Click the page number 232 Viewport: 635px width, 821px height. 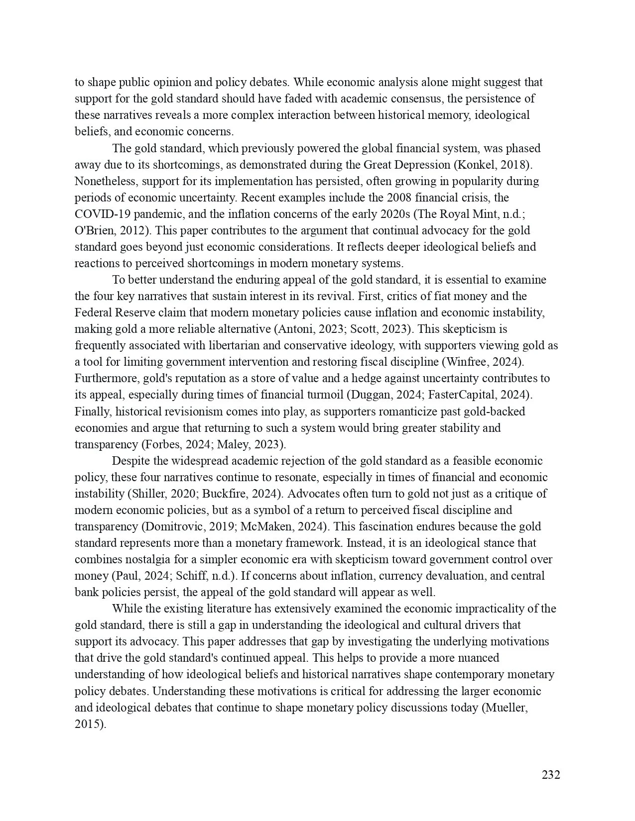click(551, 775)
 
